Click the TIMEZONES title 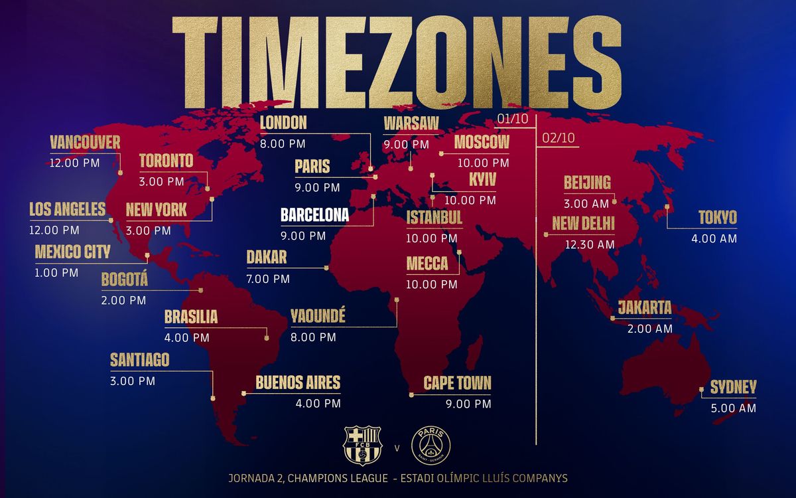click(397, 62)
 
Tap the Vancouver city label click(85, 142)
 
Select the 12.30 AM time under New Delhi click(590, 244)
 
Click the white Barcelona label click(314, 216)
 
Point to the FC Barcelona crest click(362, 446)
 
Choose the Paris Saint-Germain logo click(431, 446)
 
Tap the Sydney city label click(733, 388)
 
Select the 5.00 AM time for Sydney click(733, 408)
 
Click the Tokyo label click(717, 218)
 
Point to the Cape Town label click(458, 383)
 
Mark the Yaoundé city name click(318, 317)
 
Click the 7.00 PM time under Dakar click(268, 279)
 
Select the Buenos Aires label click(298, 382)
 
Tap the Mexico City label click(72, 252)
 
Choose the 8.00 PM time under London click(283, 143)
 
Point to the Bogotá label click(125, 280)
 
